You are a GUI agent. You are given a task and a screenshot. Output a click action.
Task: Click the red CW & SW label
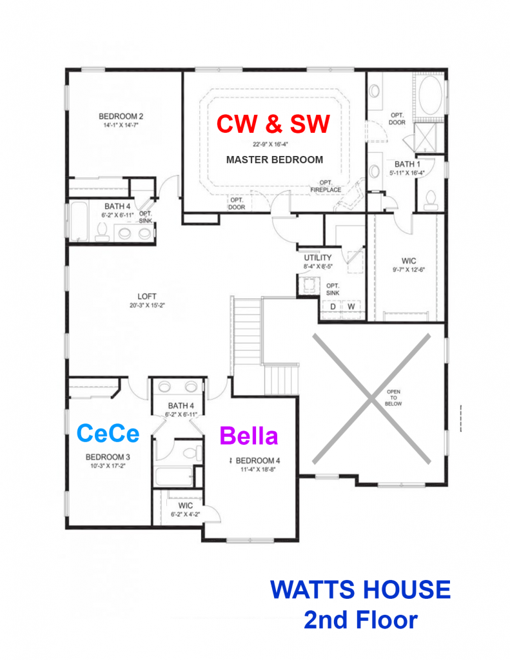coord(273,124)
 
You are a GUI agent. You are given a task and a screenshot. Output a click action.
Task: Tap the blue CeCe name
coord(108,433)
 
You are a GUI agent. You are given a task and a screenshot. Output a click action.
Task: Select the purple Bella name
coord(249,435)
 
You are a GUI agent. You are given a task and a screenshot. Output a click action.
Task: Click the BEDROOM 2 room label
coord(121,116)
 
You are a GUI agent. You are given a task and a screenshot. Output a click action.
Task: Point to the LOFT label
coord(146,296)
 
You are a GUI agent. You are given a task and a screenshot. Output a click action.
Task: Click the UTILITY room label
coord(318,258)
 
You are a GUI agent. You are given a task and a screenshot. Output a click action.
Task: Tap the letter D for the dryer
coord(333,306)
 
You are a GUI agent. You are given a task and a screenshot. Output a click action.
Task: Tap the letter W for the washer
coord(351,306)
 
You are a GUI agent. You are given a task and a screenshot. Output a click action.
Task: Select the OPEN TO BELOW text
coord(393,398)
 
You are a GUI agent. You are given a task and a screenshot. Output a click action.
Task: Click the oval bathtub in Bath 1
coord(431,95)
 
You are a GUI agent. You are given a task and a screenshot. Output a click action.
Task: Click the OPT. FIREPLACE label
coord(326,186)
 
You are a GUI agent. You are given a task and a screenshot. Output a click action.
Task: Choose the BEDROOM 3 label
coord(108,457)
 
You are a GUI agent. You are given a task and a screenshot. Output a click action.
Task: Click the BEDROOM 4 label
coord(258,460)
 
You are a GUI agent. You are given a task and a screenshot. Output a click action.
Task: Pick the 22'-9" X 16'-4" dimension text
coord(270,144)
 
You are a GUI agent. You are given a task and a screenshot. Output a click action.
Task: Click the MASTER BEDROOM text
coord(275,160)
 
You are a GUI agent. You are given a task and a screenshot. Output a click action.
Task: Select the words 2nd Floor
coord(361,619)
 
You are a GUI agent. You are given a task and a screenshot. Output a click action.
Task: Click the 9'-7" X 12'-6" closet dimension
coord(409,269)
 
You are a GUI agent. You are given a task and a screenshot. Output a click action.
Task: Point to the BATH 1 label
coord(407,164)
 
